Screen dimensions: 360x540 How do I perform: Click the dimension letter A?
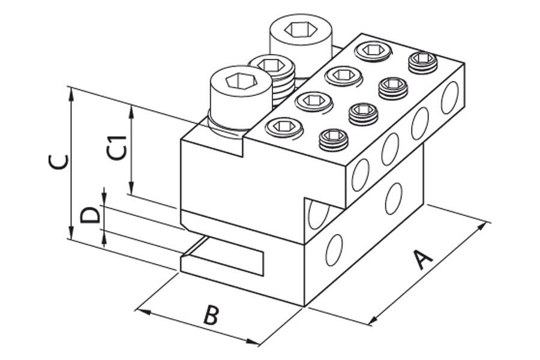pos(424,260)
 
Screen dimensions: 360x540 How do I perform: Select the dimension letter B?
pos(209,314)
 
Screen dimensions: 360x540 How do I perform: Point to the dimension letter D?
pos(90,215)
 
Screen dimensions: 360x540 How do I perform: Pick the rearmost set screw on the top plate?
pos(422,62)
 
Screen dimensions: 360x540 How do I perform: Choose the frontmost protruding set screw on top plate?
pos(333,140)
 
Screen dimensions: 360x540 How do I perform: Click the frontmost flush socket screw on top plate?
pos(283,127)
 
